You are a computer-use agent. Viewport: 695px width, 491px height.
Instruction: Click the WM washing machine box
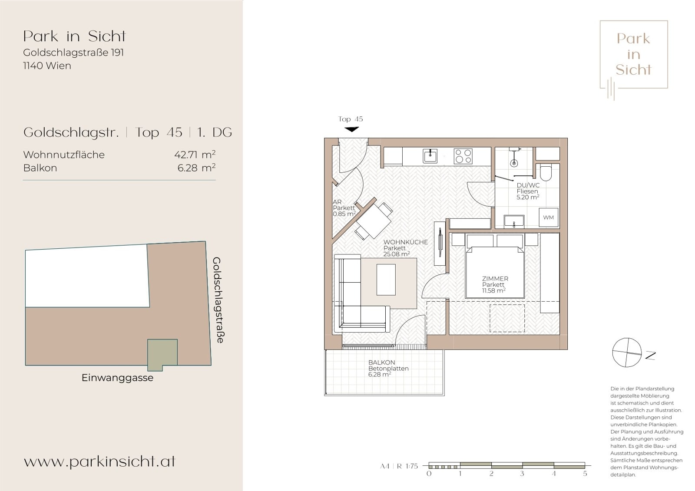coord(548,217)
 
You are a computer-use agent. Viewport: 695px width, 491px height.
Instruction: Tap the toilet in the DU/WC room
coord(546,173)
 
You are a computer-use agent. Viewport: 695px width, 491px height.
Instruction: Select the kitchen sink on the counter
coord(430,156)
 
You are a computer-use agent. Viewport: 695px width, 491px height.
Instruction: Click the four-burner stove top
coord(463,156)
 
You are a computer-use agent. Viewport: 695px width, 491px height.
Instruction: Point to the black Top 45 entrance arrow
coord(351,129)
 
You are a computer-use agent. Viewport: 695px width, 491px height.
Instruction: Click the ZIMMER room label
coord(495,279)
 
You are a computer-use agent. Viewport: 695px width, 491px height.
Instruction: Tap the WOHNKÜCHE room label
coord(406,242)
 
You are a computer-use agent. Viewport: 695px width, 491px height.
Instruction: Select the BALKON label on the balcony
coord(382,362)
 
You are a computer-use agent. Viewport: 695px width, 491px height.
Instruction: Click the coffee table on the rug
coord(386,280)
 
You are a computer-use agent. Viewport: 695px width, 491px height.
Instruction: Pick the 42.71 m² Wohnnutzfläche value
coord(195,155)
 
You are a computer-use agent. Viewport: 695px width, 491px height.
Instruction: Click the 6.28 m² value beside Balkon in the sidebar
coord(196,168)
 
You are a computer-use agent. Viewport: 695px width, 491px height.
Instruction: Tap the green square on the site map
coord(162,355)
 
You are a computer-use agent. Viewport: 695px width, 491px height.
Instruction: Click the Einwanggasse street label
coord(117,378)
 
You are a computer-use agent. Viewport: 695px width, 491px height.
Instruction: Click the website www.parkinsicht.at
coord(99,461)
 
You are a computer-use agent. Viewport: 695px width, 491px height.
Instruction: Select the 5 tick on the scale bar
coord(585,474)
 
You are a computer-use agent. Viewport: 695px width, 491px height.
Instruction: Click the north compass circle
coord(627,353)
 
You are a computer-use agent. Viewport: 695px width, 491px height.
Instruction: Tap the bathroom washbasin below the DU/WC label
coord(514,221)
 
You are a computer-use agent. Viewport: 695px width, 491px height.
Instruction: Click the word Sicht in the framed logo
coord(634,69)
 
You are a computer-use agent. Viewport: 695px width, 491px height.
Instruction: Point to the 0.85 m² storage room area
coord(344,214)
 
